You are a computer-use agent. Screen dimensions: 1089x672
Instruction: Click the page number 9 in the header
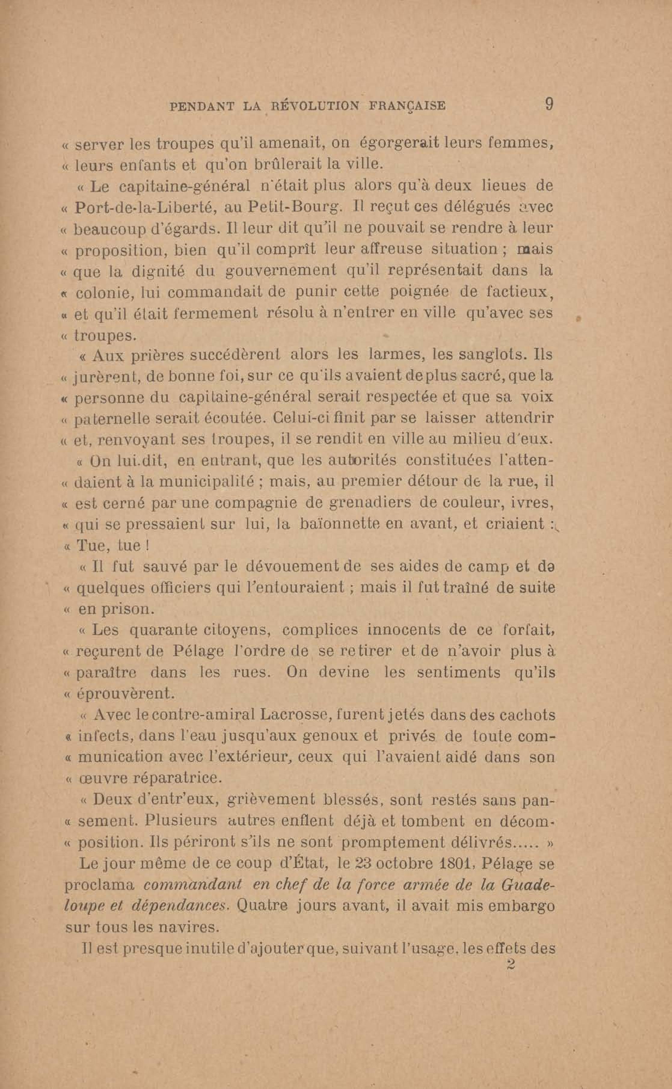click(549, 105)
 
